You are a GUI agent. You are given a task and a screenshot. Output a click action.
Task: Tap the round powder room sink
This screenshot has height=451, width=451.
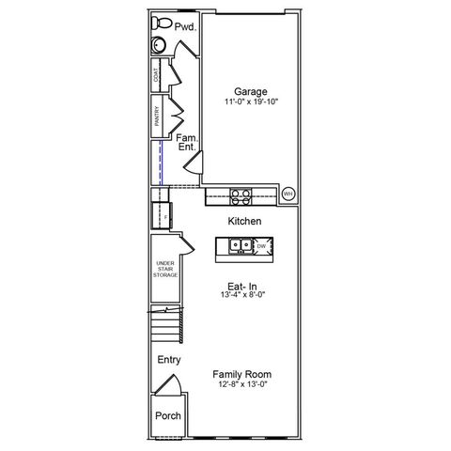[x=158, y=44]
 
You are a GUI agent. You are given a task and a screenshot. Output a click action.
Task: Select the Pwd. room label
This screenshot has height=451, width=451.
[x=185, y=28]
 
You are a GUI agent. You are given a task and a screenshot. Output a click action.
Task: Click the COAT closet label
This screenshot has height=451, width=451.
[x=157, y=76]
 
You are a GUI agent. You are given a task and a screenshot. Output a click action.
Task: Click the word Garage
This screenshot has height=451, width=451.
[x=243, y=91]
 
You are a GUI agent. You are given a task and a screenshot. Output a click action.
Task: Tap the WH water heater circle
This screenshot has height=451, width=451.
[x=288, y=194]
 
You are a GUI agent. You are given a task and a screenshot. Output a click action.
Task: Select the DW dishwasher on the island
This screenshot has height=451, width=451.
[x=261, y=247]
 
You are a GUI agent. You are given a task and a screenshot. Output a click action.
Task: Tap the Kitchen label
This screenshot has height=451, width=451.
[x=244, y=221]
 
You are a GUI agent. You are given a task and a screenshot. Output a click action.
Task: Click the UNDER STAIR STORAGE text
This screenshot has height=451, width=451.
[x=166, y=270]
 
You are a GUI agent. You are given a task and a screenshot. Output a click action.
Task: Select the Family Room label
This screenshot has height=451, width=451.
[x=243, y=373]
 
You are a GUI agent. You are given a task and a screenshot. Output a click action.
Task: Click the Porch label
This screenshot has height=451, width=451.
[x=168, y=416]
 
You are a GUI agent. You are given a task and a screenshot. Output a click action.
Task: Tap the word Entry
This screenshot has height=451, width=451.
[x=169, y=360]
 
